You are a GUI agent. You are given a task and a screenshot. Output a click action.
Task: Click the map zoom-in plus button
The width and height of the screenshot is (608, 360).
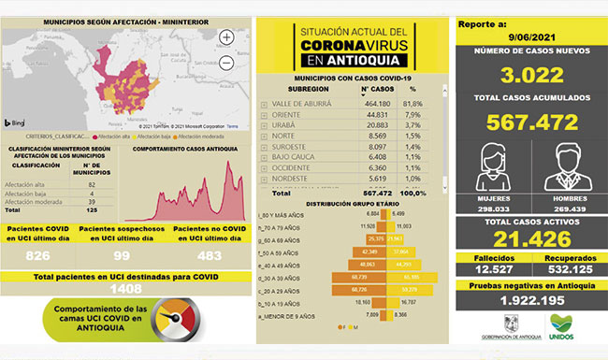pos(227,38)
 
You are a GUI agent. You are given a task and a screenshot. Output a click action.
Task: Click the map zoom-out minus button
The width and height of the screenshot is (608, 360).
pos(227,64)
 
